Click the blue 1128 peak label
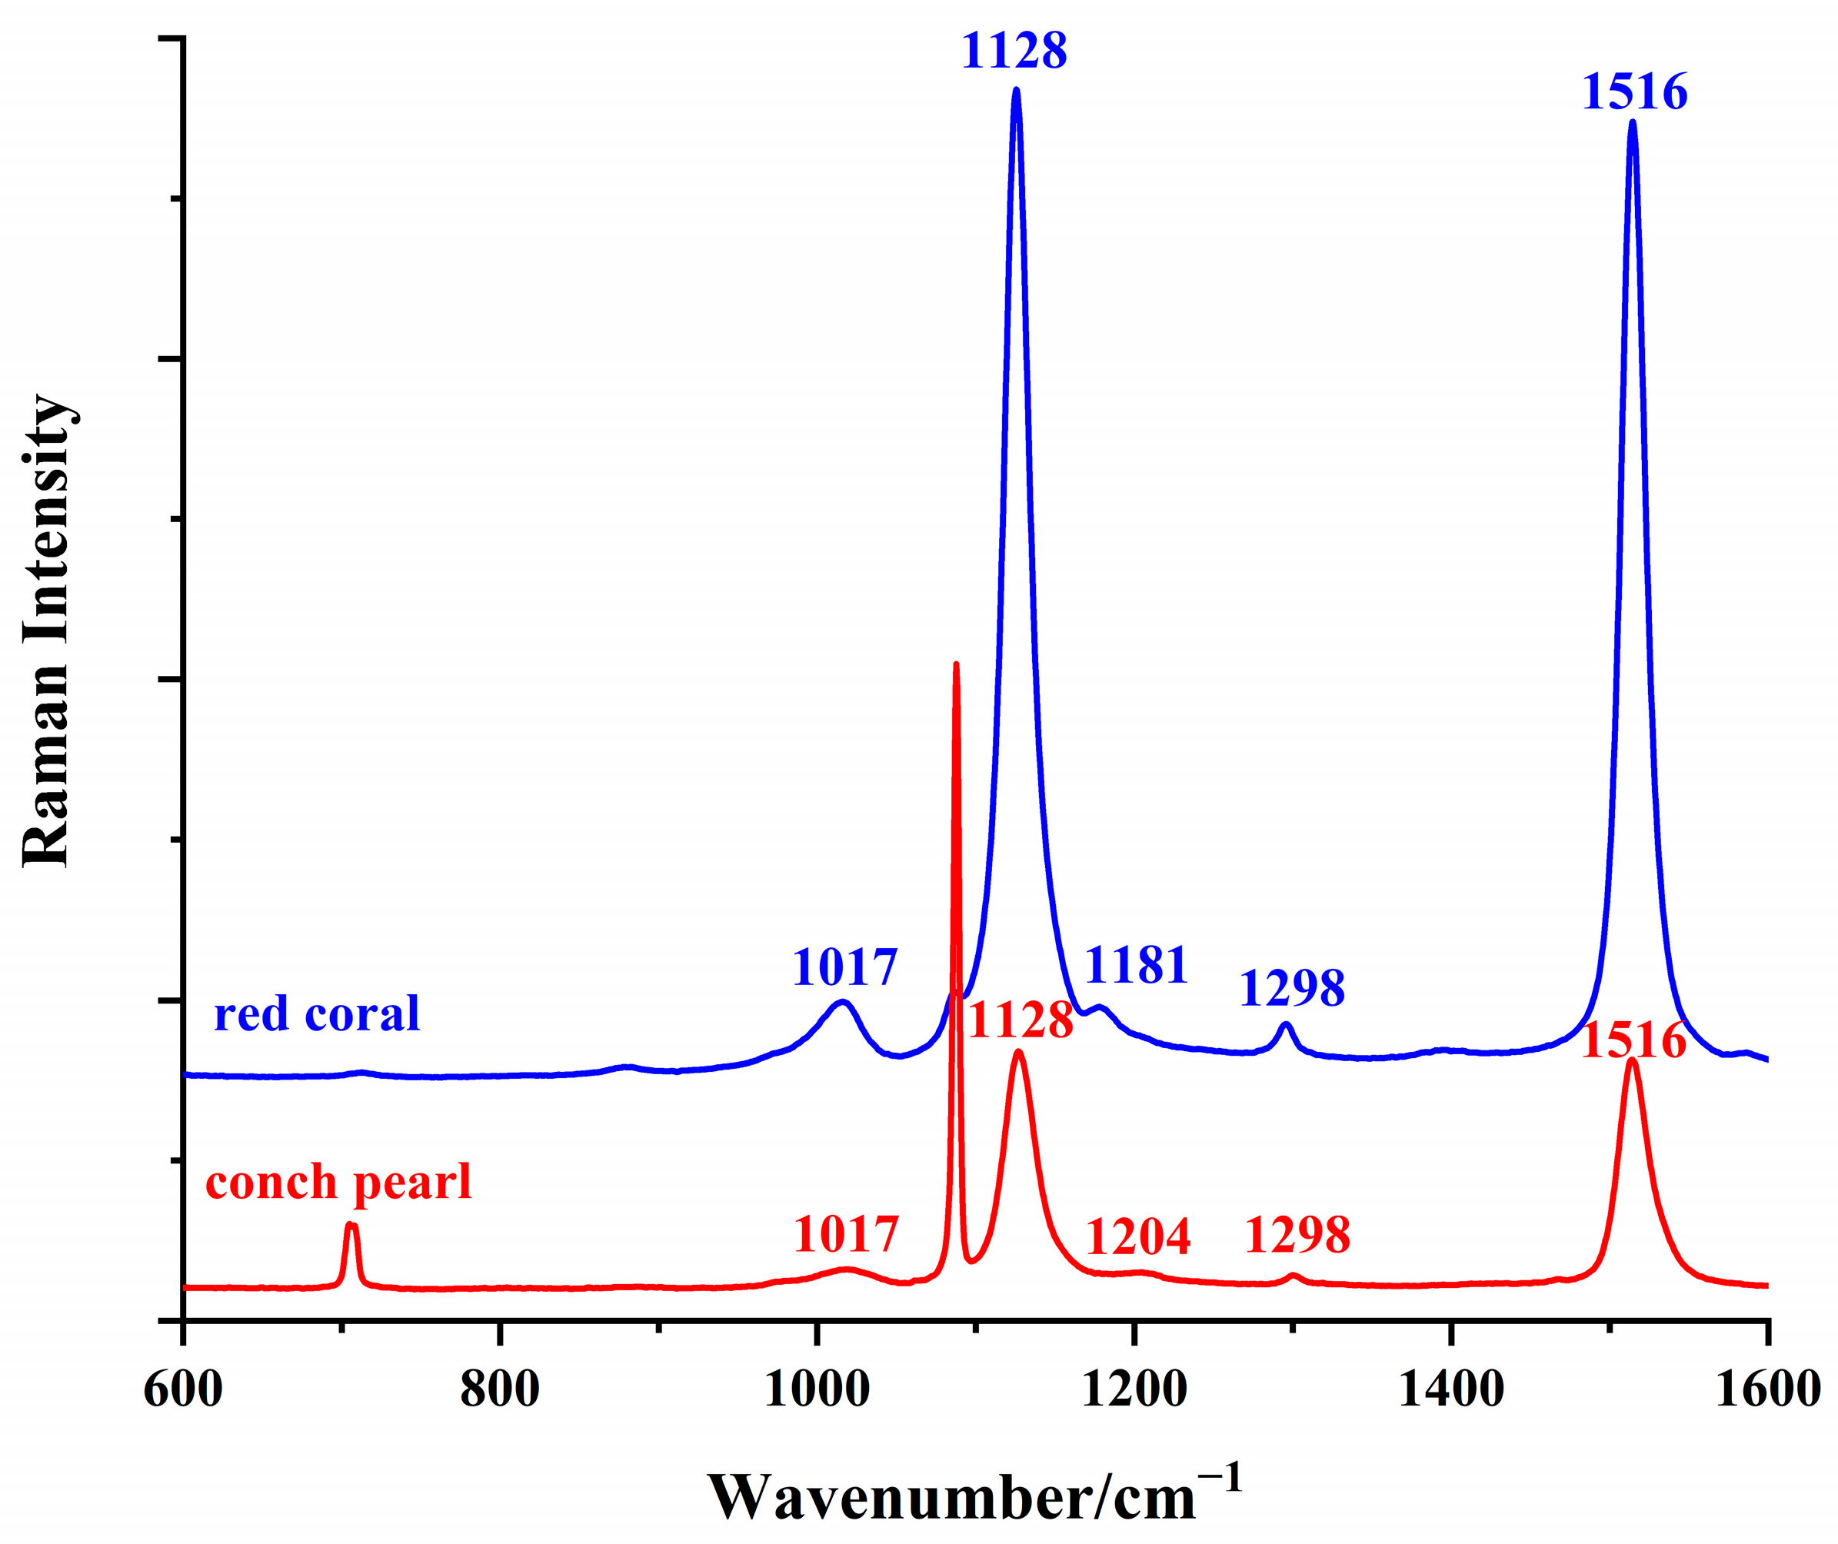point(1014,51)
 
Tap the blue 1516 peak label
point(1634,92)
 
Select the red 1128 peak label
point(1021,1020)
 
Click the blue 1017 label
point(844,967)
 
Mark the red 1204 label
point(1138,1236)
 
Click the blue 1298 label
point(1292,988)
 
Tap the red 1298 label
point(1297,1235)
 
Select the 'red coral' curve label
point(317,1013)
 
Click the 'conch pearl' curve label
point(338,1182)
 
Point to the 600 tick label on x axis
point(183,1389)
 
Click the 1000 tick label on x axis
point(817,1389)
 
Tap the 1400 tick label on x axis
point(1451,1389)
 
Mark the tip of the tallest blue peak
point(1015,89)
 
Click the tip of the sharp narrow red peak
point(956,664)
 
